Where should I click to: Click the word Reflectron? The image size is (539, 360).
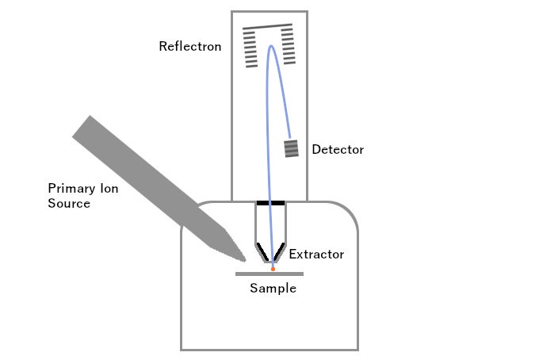(x=189, y=46)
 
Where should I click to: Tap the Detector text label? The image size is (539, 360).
(x=338, y=149)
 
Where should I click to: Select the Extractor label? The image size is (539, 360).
(x=316, y=255)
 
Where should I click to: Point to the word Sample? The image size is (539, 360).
(x=273, y=289)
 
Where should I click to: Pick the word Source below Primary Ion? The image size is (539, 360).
(x=69, y=204)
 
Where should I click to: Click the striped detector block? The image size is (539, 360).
(x=292, y=147)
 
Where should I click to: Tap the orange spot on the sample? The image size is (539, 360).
(x=273, y=269)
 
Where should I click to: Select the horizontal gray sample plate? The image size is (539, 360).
(x=269, y=274)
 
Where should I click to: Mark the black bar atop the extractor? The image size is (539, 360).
(x=270, y=202)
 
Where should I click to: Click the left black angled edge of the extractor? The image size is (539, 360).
(x=261, y=251)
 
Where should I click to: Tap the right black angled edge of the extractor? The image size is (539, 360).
(x=280, y=251)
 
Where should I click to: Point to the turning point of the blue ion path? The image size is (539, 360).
(x=271, y=46)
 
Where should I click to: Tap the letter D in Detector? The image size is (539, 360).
(x=316, y=149)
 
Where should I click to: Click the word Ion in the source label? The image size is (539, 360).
(x=109, y=189)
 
